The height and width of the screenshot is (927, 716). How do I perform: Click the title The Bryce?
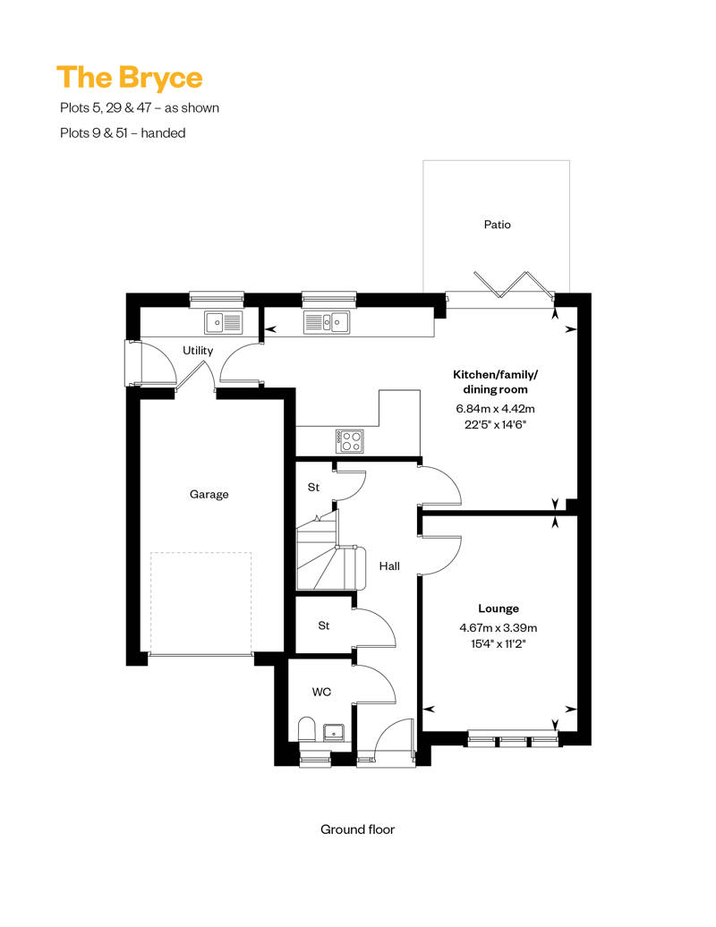pyautogui.click(x=130, y=78)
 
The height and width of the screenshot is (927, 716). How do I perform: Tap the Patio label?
pyautogui.click(x=498, y=225)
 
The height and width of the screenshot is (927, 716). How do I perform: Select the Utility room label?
pyautogui.click(x=198, y=351)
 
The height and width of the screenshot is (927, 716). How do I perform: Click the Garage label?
pyautogui.click(x=209, y=494)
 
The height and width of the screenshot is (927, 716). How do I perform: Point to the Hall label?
pyautogui.click(x=389, y=566)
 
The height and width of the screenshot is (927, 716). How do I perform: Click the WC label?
pyautogui.click(x=321, y=692)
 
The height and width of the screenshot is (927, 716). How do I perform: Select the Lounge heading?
pyautogui.click(x=499, y=608)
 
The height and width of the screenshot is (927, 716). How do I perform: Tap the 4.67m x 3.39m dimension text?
pyautogui.click(x=499, y=628)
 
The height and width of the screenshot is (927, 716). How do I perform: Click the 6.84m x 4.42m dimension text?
pyautogui.click(x=496, y=409)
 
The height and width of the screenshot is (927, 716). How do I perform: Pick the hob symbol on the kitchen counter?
pyautogui.click(x=350, y=441)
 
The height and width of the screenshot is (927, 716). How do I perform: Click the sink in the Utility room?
pyautogui.click(x=224, y=323)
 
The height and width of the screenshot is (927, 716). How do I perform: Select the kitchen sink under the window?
pyautogui.click(x=327, y=323)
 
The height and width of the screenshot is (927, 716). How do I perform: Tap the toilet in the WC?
pyautogui.click(x=307, y=729)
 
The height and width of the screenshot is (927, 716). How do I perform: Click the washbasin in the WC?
pyautogui.click(x=336, y=733)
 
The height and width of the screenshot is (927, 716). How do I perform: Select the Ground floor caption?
pyautogui.click(x=357, y=829)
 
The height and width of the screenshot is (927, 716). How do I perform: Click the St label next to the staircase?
pyautogui.click(x=313, y=487)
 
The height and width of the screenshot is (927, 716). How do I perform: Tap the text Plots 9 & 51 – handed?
pyautogui.click(x=123, y=133)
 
